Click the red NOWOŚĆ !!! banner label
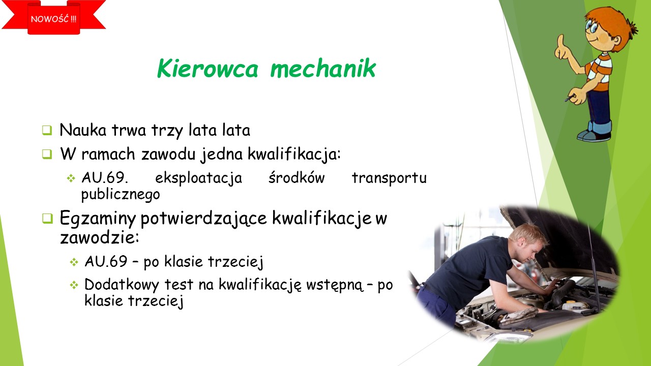(x=54, y=19)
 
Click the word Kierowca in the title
(x=208, y=68)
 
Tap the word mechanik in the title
(x=323, y=68)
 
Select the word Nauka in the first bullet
(x=83, y=130)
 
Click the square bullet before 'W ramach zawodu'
(x=47, y=154)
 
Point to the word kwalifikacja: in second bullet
(x=294, y=154)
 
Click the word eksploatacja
(x=198, y=178)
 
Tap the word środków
(x=297, y=177)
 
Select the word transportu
(x=389, y=178)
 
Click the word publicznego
(x=121, y=194)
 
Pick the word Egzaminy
(x=98, y=219)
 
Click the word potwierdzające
(x=204, y=219)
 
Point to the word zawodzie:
(x=99, y=237)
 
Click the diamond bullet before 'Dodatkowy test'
(x=74, y=285)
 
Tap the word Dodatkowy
(x=122, y=284)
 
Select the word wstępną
(x=335, y=285)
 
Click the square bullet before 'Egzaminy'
(x=47, y=219)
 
